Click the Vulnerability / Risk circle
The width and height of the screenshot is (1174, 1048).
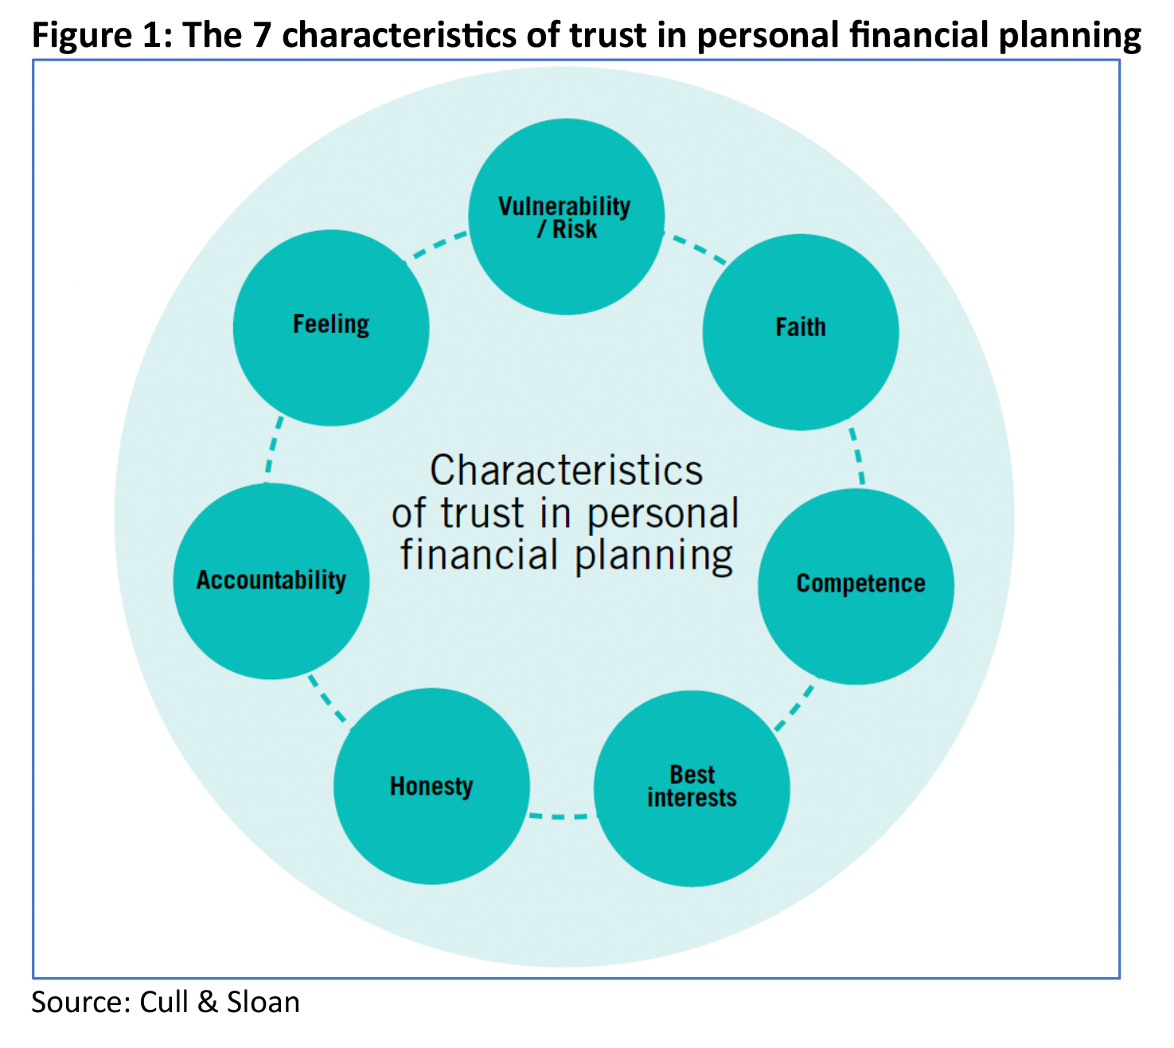(566, 217)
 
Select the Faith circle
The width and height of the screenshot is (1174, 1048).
(801, 332)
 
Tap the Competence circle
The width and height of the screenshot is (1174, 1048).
(856, 586)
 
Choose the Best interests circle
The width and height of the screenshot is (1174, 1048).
(692, 788)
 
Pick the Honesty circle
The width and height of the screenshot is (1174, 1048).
(431, 786)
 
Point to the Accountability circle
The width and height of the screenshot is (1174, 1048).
(271, 581)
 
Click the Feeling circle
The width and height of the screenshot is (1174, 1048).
(331, 327)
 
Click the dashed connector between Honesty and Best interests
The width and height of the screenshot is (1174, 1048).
(562, 815)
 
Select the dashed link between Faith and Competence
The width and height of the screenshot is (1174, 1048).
(857, 457)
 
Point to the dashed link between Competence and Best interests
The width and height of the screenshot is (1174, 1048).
(795, 706)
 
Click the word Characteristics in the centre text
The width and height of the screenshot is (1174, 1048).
(566, 471)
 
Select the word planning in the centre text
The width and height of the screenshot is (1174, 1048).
(653, 556)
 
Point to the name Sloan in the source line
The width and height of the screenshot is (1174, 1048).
(263, 1002)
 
